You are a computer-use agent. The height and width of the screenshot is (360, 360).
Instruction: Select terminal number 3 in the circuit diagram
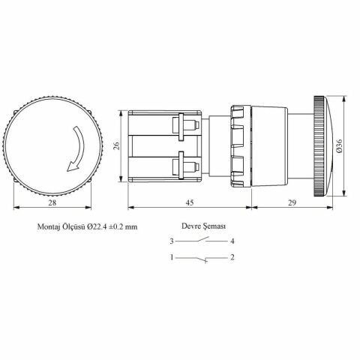172,241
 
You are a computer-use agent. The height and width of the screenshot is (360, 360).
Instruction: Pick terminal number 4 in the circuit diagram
234,241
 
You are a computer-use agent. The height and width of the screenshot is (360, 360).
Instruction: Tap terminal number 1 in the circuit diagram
172,258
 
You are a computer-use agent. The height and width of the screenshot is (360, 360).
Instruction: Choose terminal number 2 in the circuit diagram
234,258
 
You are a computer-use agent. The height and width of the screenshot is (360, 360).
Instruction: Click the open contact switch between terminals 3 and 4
202,240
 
